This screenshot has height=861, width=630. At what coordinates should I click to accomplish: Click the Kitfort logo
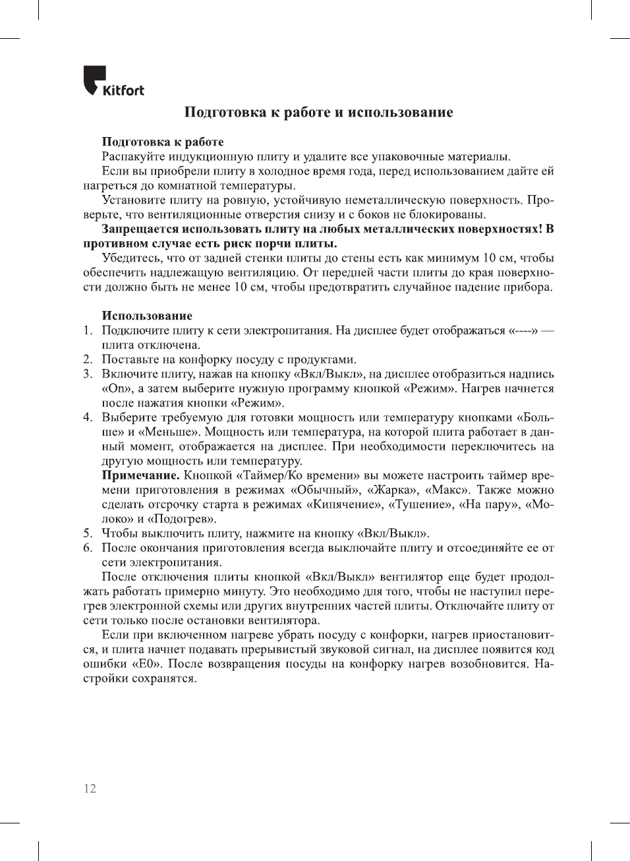[x=113, y=82]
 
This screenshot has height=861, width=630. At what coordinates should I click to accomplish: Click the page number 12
[x=90, y=789]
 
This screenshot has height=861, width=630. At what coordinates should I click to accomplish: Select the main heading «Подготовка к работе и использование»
[x=318, y=112]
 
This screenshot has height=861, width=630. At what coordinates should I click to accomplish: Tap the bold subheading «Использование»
[x=147, y=316]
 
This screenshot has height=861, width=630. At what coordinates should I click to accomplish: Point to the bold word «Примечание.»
[x=140, y=476]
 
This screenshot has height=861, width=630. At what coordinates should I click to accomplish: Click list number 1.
[x=87, y=331]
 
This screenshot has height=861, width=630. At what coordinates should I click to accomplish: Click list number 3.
[x=87, y=374]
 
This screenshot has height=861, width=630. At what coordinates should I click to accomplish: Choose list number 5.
[x=87, y=534]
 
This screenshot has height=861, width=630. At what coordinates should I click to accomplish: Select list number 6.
[x=87, y=548]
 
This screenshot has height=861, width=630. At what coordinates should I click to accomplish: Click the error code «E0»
[x=148, y=664]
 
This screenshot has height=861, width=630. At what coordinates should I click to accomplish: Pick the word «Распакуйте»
[x=134, y=157]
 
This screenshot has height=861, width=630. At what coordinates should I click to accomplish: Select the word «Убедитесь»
[x=131, y=258]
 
